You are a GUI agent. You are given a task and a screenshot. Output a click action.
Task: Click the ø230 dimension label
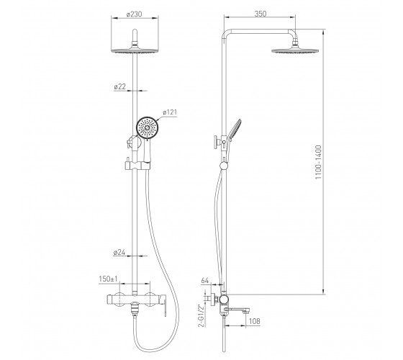134,14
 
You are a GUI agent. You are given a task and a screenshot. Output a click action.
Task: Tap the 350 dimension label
261,14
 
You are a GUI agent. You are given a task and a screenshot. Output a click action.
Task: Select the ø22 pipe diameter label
120,86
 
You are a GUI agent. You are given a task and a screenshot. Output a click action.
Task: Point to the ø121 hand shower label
170,112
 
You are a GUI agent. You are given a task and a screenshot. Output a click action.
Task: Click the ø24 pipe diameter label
119,253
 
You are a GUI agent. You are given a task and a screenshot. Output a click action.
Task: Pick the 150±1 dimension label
108,279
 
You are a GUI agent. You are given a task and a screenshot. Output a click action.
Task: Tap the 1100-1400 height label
318,162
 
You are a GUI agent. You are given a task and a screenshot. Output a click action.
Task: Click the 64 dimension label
205,281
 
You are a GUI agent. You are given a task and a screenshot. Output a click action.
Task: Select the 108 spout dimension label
255,321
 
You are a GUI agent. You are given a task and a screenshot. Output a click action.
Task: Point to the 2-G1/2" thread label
202,315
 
